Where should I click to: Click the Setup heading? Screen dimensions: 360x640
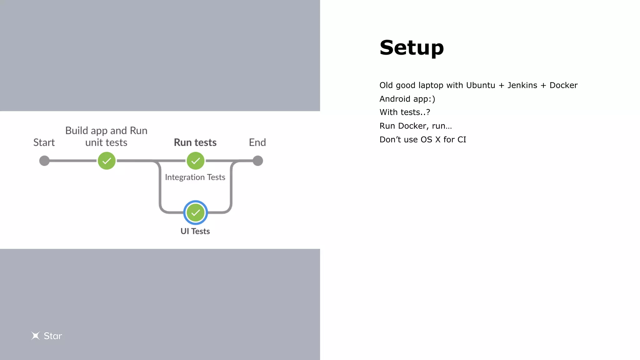412,48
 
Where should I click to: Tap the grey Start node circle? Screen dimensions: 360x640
44,161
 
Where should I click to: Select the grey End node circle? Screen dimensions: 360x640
258,161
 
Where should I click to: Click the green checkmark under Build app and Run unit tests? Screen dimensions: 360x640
107,161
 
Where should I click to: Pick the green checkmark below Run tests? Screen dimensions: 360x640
196,161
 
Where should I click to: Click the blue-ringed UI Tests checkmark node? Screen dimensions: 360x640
196,213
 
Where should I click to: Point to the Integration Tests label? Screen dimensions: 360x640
195,177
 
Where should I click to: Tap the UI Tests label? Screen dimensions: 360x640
195,231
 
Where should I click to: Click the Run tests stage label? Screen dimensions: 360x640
195,142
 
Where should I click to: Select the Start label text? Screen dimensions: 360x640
44,142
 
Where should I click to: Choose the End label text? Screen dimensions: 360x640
257,142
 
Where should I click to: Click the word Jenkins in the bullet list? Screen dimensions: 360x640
522,85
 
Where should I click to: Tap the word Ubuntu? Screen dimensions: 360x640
481,85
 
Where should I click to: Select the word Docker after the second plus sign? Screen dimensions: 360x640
563,85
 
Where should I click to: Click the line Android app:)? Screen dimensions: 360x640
407,99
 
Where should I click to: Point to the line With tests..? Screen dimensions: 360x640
405,112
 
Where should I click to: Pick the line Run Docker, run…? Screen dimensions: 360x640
416,126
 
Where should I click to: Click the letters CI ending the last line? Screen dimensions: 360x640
462,140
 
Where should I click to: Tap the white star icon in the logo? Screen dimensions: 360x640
36,336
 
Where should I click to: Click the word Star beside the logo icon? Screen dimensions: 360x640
53,336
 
